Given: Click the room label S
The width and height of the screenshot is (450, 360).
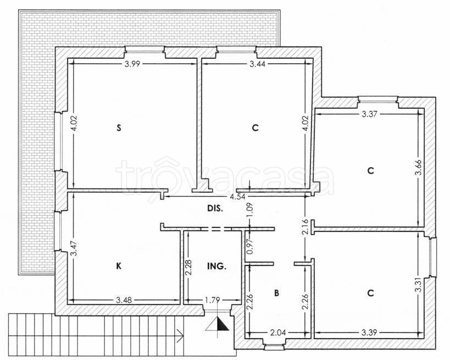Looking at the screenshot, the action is click(x=119, y=128).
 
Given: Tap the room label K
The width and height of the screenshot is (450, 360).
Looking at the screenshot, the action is click(x=119, y=266).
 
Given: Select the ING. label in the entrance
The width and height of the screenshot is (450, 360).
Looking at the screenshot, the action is click(x=216, y=266).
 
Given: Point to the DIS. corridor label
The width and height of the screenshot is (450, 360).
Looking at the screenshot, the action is click(x=215, y=208).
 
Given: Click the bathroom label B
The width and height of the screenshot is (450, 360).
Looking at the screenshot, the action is click(x=276, y=293).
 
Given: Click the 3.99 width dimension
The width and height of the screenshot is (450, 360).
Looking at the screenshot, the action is click(x=132, y=64).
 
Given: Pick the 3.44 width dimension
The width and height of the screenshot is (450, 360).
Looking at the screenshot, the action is click(x=258, y=64).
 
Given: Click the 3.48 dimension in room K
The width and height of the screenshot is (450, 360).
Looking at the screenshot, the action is click(x=124, y=300).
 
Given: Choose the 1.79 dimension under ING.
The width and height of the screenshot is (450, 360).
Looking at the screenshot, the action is click(x=213, y=300).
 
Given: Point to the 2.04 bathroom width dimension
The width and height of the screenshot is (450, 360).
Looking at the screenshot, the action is click(x=278, y=333).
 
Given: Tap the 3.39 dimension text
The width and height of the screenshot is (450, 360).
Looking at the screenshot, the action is click(x=369, y=333).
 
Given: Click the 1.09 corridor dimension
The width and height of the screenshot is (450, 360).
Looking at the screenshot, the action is click(x=249, y=210).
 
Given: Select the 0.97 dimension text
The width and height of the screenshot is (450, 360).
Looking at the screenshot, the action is click(x=249, y=247).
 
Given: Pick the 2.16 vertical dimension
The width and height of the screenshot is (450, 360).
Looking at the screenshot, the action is click(x=305, y=227).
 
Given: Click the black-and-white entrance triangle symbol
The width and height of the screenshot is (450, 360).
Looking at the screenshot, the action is click(x=218, y=324).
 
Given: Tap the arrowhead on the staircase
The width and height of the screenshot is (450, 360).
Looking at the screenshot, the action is click(x=181, y=335).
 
